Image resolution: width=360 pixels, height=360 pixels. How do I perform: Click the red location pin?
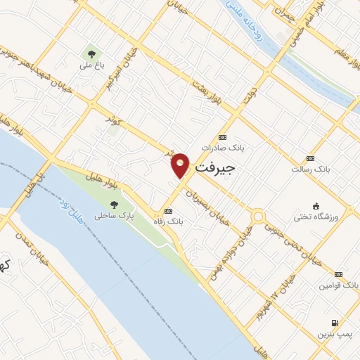pos(181,165)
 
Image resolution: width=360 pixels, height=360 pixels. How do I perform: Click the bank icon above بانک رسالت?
pos(310,158)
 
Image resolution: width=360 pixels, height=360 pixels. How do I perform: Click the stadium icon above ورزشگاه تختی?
pos(317,206)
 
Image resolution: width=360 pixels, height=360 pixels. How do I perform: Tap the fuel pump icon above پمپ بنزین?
pos(334,323)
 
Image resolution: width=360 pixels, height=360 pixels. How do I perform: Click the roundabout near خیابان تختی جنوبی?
pos(258,217)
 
